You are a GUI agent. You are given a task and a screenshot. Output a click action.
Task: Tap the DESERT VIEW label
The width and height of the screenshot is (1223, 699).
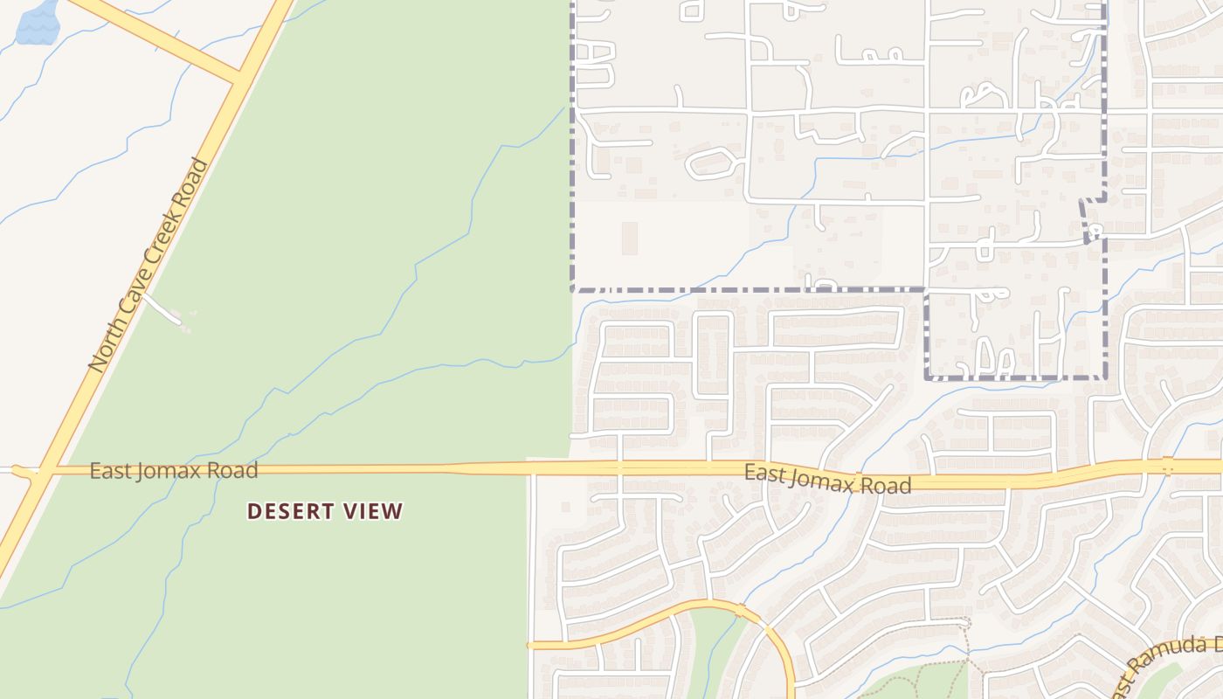click(325, 511)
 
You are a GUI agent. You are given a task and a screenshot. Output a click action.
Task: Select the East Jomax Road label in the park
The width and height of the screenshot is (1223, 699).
click(174, 471)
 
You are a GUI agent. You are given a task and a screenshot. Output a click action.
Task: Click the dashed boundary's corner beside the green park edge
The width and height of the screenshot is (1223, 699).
click(573, 287)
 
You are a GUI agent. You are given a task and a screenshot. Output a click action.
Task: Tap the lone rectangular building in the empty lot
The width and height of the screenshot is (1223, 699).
click(629, 238)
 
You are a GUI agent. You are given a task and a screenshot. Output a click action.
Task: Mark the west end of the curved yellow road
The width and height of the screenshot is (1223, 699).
click(531, 645)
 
